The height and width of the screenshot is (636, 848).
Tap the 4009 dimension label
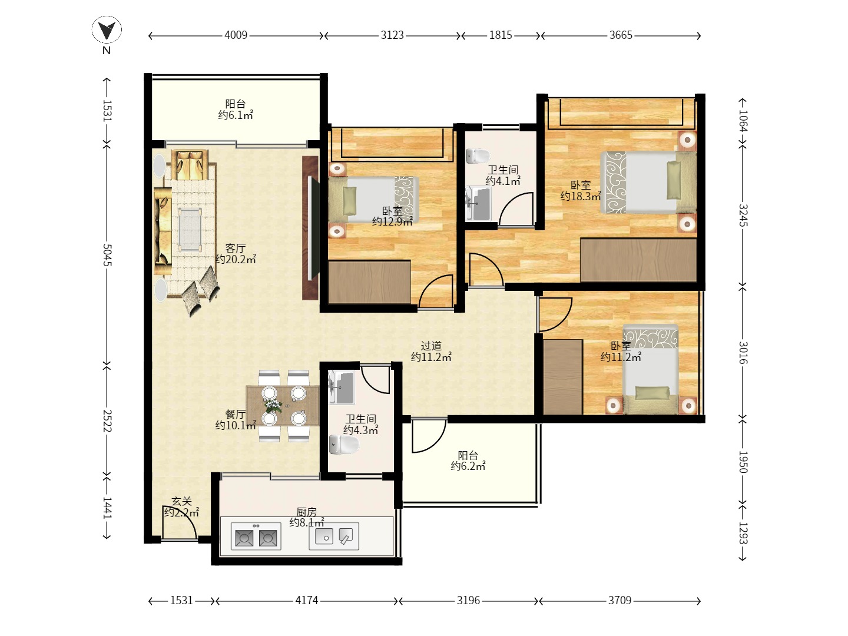[236, 35]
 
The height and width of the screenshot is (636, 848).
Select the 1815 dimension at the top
[501, 35]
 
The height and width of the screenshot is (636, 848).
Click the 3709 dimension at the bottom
[620, 600]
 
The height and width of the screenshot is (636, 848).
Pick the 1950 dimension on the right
[743, 462]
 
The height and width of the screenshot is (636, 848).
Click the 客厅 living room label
[236, 248]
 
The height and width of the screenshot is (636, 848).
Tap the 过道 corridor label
[431, 346]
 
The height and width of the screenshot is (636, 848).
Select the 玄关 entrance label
[181, 501]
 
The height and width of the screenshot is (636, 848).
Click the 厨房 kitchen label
[306, 512]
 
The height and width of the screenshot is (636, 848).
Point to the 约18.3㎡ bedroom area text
[581, 196]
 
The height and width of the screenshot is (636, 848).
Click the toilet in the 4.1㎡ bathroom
[478, 156]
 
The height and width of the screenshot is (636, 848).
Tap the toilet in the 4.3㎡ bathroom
[344, 445]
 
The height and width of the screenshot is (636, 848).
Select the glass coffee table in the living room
[190, 230]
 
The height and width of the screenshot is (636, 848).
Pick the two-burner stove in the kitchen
[256, 536]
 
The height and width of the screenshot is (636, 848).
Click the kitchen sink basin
[324, 536]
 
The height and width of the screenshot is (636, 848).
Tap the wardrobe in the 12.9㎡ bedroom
[369, 282]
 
